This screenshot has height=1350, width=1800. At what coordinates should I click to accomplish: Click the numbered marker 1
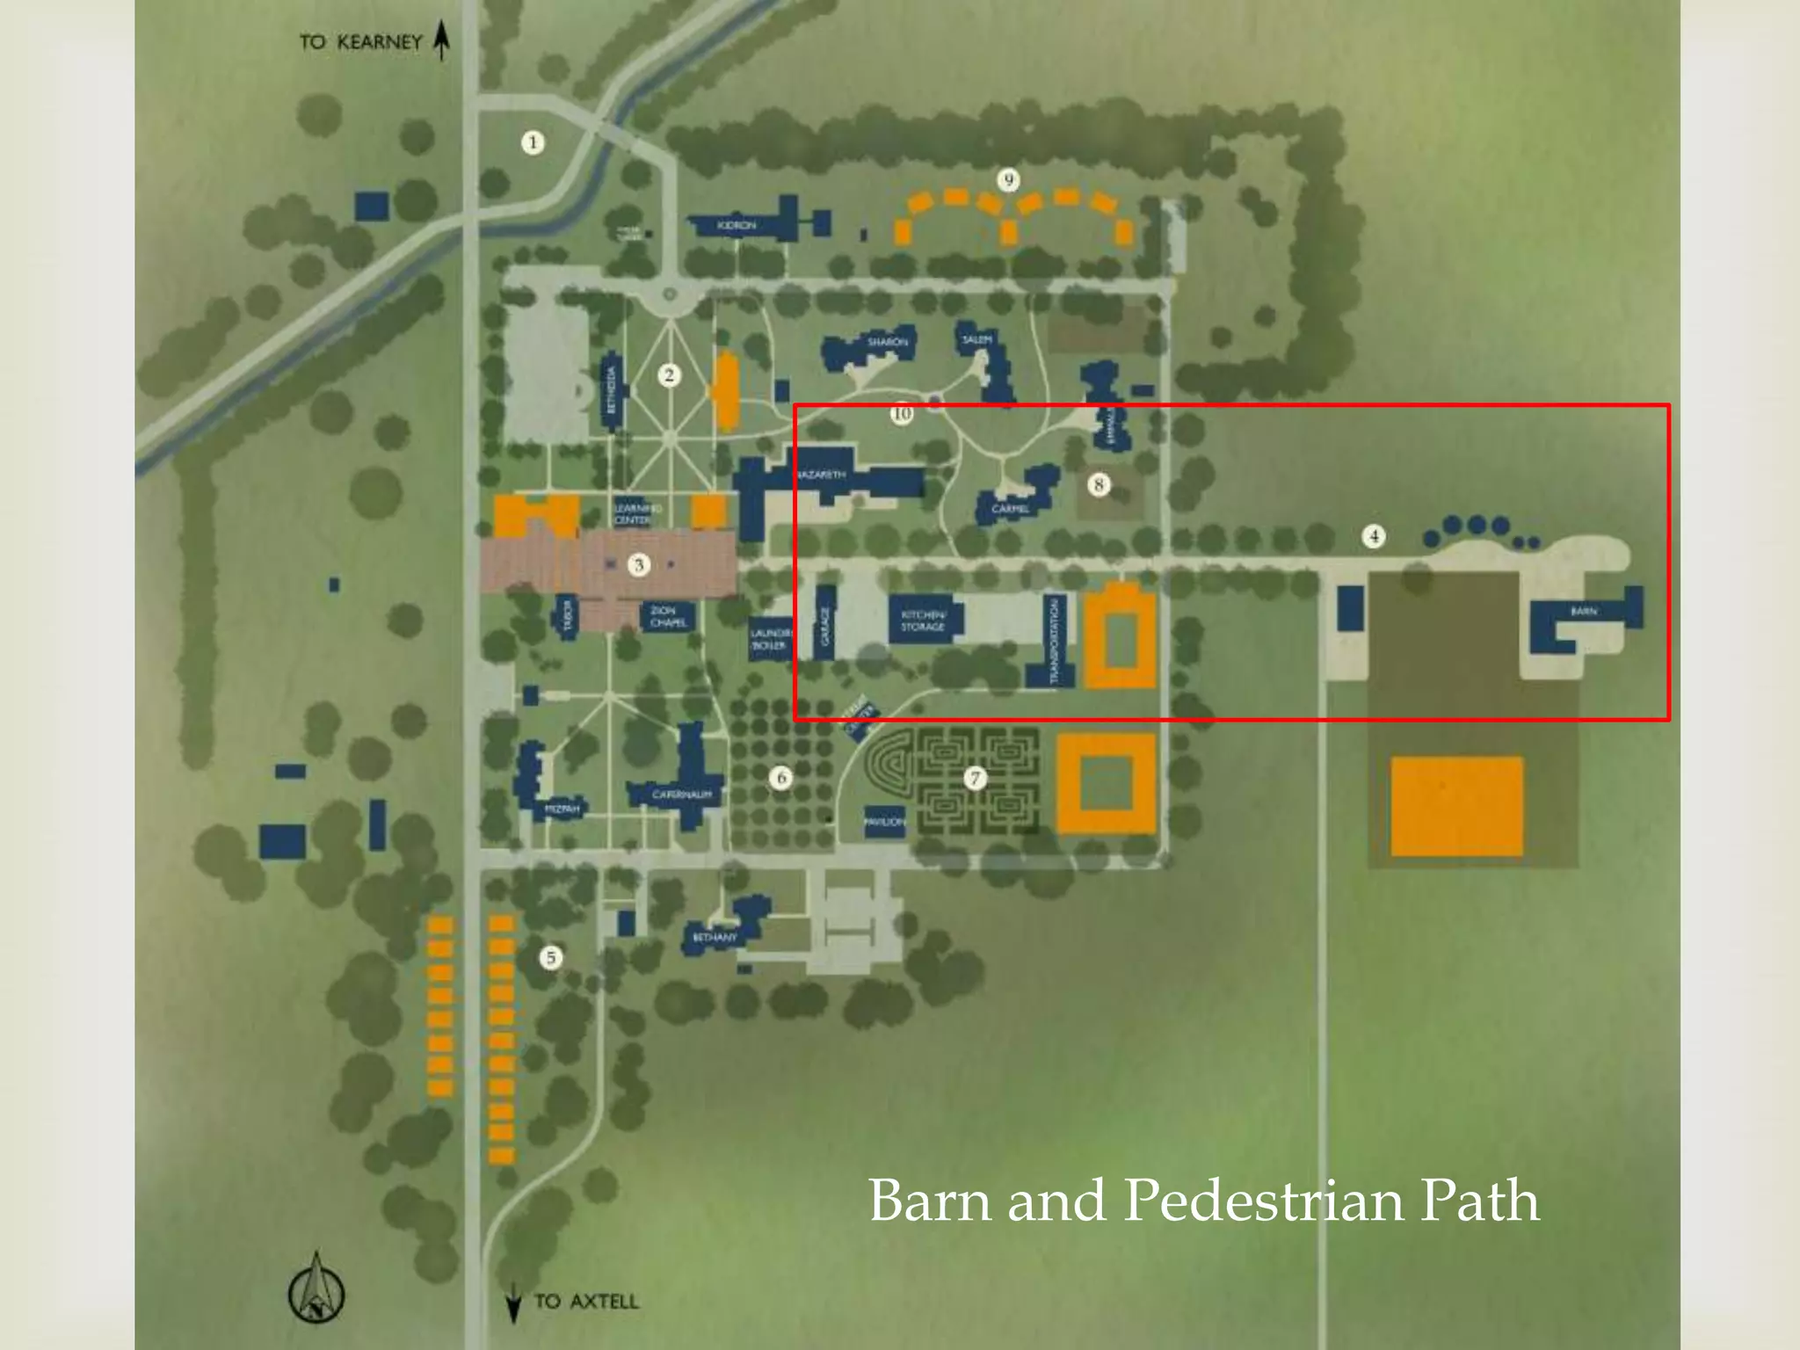point(532,142)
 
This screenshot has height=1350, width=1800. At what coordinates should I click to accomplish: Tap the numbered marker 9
point(1008,180)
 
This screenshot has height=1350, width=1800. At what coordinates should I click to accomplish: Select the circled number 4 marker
point(1374,536)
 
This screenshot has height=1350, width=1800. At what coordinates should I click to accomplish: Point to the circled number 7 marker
point(974,777)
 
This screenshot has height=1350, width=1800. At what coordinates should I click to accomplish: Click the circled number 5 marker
point(551,957)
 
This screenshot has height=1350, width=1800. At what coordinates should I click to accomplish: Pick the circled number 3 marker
point(639,564)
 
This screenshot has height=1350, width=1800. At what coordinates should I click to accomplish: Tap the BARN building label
point(1584,611)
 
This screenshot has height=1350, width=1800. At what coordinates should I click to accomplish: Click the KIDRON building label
point(736,226)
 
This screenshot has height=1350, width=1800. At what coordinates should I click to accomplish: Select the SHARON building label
point(888,341)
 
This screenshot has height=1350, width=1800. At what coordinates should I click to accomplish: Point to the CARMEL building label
point(1010,509)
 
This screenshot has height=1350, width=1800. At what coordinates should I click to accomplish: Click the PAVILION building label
point(884,822)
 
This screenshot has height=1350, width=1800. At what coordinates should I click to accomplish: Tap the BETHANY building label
point(715,937)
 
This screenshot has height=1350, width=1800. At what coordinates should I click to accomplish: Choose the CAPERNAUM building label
point(682,795)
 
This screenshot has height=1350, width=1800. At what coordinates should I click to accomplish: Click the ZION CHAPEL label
point(668,616)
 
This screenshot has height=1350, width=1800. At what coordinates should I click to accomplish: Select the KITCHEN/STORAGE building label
point(923,621)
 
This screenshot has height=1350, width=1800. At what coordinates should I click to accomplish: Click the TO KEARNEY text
point(360,42)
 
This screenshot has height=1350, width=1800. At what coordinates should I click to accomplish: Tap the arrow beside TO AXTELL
point(514,1303)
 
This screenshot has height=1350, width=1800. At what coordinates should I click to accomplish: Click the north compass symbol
point(316,1288)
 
